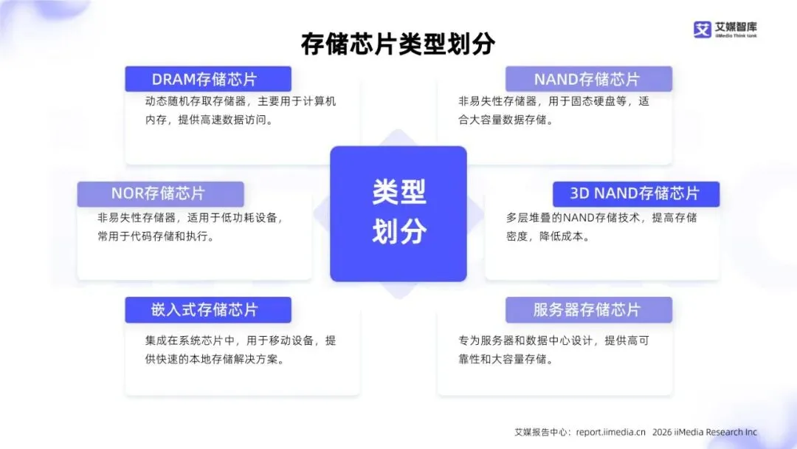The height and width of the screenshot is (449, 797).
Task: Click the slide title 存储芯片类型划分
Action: (398, 44)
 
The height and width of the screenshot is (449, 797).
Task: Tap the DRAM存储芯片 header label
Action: (207, 79)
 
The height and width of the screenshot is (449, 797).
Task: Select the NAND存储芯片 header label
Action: (587, 79)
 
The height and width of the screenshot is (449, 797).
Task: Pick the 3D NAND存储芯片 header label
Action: (635, 194)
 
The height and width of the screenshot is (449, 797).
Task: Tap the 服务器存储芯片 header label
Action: (587, 309)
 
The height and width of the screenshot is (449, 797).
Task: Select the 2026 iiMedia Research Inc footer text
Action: (705, 432)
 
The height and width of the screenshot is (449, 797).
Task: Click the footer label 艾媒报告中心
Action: (542, 432)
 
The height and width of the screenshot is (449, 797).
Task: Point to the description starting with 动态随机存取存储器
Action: (241, 110)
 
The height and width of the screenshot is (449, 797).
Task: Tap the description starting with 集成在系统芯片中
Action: (241, 350)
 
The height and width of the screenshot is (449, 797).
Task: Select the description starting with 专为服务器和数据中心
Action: (553, 350)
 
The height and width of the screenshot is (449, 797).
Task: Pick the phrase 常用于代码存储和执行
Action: (156, 237)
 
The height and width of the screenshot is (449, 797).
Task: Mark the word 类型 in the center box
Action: (398, 193)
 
